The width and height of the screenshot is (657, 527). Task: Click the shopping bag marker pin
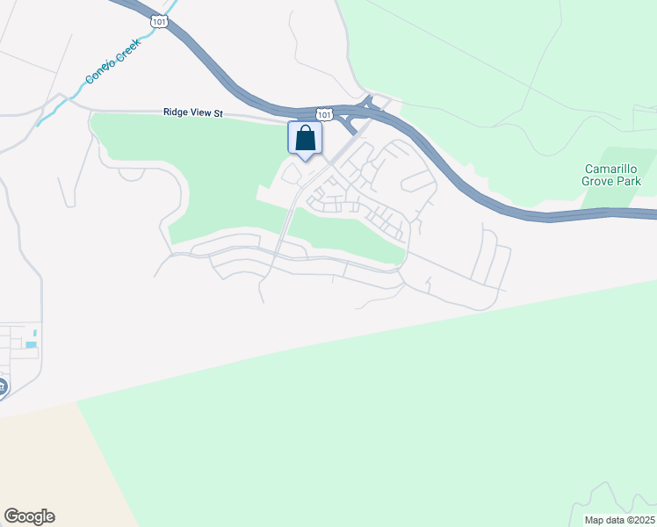[305, 139]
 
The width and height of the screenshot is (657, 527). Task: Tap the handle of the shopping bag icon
[305, 130]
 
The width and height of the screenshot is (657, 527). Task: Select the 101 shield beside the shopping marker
[325, 114]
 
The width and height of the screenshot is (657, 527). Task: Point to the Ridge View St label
[194, 112]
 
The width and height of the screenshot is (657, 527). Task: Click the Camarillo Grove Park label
[612, 175]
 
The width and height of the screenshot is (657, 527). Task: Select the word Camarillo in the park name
[612, 169]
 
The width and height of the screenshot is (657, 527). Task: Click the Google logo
[29, 516]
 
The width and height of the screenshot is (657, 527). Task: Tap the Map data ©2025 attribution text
[620, 520]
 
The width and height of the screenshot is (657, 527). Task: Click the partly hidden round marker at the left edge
[3, 386]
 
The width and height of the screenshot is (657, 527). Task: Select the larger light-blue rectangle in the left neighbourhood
[32, 344]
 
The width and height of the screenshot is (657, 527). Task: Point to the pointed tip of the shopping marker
[305, 160]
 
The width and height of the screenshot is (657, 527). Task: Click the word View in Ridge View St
[201, 112]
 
